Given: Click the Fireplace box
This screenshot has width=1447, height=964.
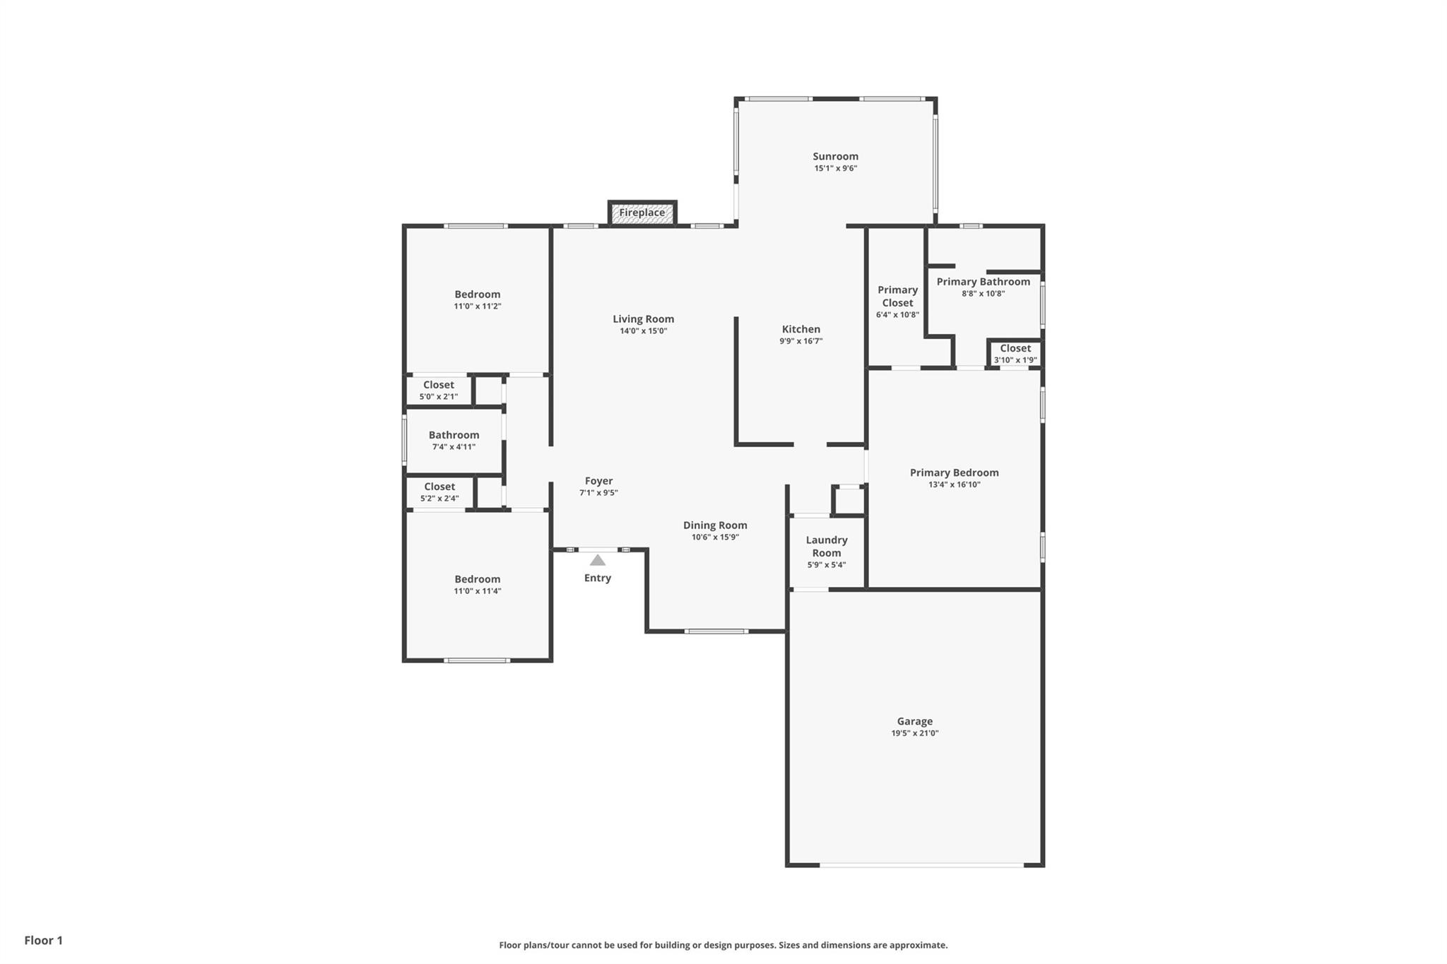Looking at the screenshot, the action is click(x=642, y=213).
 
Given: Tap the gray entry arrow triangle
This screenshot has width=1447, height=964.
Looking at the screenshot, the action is click(x=598, y=560).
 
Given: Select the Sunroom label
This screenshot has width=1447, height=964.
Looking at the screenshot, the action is click(x=835, y=157).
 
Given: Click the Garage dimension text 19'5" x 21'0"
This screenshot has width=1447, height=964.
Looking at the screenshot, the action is click(x=915, y=733).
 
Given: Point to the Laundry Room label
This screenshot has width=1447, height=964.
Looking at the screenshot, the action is click(x=827, y=547).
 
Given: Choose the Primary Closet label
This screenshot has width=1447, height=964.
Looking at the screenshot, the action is click(x=898, y=297).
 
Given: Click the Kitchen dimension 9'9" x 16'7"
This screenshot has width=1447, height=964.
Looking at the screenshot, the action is click(x=801, y=341).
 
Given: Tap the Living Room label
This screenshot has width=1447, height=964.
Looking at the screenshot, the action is click(x=644, y=319).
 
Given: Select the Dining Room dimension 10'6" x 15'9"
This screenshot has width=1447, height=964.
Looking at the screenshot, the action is click(x=715, y=537).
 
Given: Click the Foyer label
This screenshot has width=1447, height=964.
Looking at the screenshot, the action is click(x=598, y=481).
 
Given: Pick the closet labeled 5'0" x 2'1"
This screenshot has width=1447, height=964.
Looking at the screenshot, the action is click(x=439, y=390).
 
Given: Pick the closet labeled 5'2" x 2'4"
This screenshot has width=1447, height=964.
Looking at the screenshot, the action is click(x=439, y=492).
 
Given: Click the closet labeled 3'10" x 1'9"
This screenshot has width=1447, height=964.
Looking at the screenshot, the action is click(x=1015, y=353).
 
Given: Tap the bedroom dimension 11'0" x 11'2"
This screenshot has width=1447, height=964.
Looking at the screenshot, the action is click(x=478, y=307).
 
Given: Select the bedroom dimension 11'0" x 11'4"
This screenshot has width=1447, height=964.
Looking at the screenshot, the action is click(x=478, y=591).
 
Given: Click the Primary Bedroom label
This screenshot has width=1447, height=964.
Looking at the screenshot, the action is click(x=955, y=473).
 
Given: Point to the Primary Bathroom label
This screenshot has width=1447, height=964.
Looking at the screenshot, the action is click(x=984, y=282).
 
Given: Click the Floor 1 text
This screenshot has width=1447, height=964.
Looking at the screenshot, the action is click(x=44, y=941).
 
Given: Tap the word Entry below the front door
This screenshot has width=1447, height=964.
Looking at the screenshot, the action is click(x=598, y=578).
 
